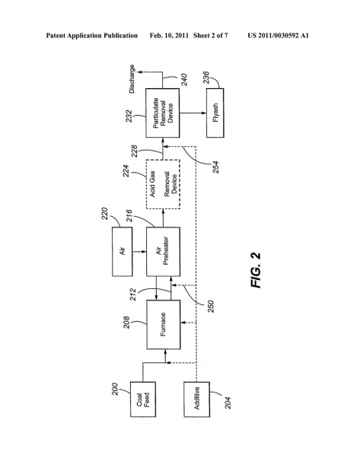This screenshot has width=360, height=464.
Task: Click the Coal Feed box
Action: pos(143,399)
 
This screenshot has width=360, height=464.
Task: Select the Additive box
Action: pos(197,399)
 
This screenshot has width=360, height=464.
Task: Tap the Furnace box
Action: pos(164,325)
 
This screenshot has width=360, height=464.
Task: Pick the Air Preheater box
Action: pos(164,252)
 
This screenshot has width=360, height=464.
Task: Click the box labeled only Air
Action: pos(123,252)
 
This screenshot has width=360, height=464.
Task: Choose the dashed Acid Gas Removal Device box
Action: pos(163,184)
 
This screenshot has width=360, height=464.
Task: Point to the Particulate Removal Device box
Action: pos(163,113)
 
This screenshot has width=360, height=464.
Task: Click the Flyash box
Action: pos(215,113)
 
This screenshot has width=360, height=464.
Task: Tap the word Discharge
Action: pos(132,79)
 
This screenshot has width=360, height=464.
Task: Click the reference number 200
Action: pos(115,389)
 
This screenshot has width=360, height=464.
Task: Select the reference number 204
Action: pos(228,402)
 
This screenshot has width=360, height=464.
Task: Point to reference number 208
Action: pos(126,323)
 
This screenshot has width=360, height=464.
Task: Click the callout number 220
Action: pos(104,214)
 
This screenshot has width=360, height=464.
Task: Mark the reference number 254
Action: pos(215,167)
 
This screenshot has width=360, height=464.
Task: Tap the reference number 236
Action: pos(206,78)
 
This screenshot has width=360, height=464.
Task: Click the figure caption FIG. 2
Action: pos(256,270)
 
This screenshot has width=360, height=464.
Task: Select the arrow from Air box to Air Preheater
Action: pos(139,252)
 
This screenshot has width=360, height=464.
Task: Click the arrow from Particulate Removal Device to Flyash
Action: pos(193,113)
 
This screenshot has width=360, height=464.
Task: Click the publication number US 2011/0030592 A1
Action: pos(278,36)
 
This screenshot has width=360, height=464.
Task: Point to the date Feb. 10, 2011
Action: pos(169,36)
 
